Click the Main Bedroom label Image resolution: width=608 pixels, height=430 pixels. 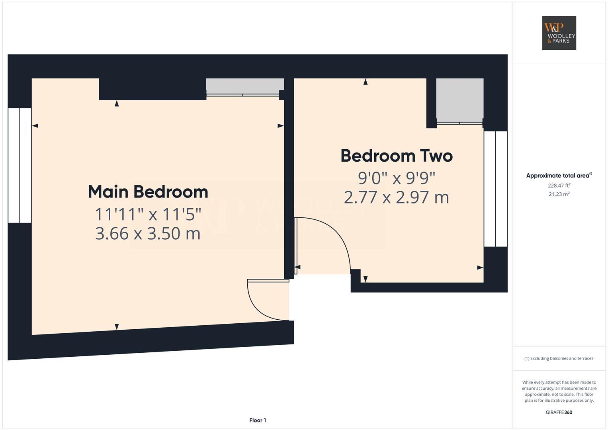148,192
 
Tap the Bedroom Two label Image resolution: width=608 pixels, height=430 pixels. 397,156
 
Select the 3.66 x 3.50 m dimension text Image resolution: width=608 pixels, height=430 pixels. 148,233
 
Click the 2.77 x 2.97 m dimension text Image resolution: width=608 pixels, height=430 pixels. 397,197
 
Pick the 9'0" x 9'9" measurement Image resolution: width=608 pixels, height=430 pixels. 397,178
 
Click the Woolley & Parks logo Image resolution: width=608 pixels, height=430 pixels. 559,33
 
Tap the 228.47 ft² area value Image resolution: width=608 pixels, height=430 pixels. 559,186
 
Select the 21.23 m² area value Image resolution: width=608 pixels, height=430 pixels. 559,194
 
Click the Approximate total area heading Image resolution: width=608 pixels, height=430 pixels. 559,175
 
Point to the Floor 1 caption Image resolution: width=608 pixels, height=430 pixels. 258,420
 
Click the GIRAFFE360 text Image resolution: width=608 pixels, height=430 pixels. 559,412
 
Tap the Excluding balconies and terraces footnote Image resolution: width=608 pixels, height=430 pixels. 559,358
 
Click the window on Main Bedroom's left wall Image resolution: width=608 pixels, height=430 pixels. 20,166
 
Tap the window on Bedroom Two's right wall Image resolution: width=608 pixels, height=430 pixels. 496,189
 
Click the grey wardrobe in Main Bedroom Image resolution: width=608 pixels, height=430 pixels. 245,86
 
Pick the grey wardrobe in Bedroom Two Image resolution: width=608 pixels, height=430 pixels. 460,100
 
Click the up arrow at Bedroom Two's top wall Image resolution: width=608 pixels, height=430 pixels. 366,82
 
